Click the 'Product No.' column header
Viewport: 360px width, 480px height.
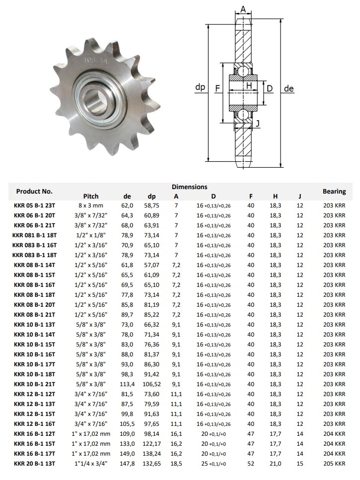(x=34, y=191)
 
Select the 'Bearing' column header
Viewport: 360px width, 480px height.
(x=334, y=191)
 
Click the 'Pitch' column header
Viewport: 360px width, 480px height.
(x=91, y=196)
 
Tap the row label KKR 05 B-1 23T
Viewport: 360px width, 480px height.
(x=34, y=206)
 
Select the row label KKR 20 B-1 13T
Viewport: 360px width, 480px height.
(x=34, y=464)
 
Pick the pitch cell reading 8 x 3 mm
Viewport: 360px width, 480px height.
(x=91, y=206)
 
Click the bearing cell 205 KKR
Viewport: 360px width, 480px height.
(x=334, y=464)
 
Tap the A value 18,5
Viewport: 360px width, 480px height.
(x=176, y=464)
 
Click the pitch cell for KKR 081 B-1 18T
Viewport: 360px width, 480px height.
(x=91, y=235)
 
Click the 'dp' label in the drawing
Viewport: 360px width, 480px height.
(x=200, y=88)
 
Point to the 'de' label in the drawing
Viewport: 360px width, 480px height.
(x=289, y=89)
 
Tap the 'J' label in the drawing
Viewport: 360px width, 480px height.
(x=258, y=123)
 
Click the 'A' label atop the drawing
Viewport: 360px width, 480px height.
(x=243, y=9)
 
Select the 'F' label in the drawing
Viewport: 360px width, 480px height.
(x=217, y=88)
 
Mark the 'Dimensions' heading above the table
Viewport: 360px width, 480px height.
(x=189, y=187)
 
